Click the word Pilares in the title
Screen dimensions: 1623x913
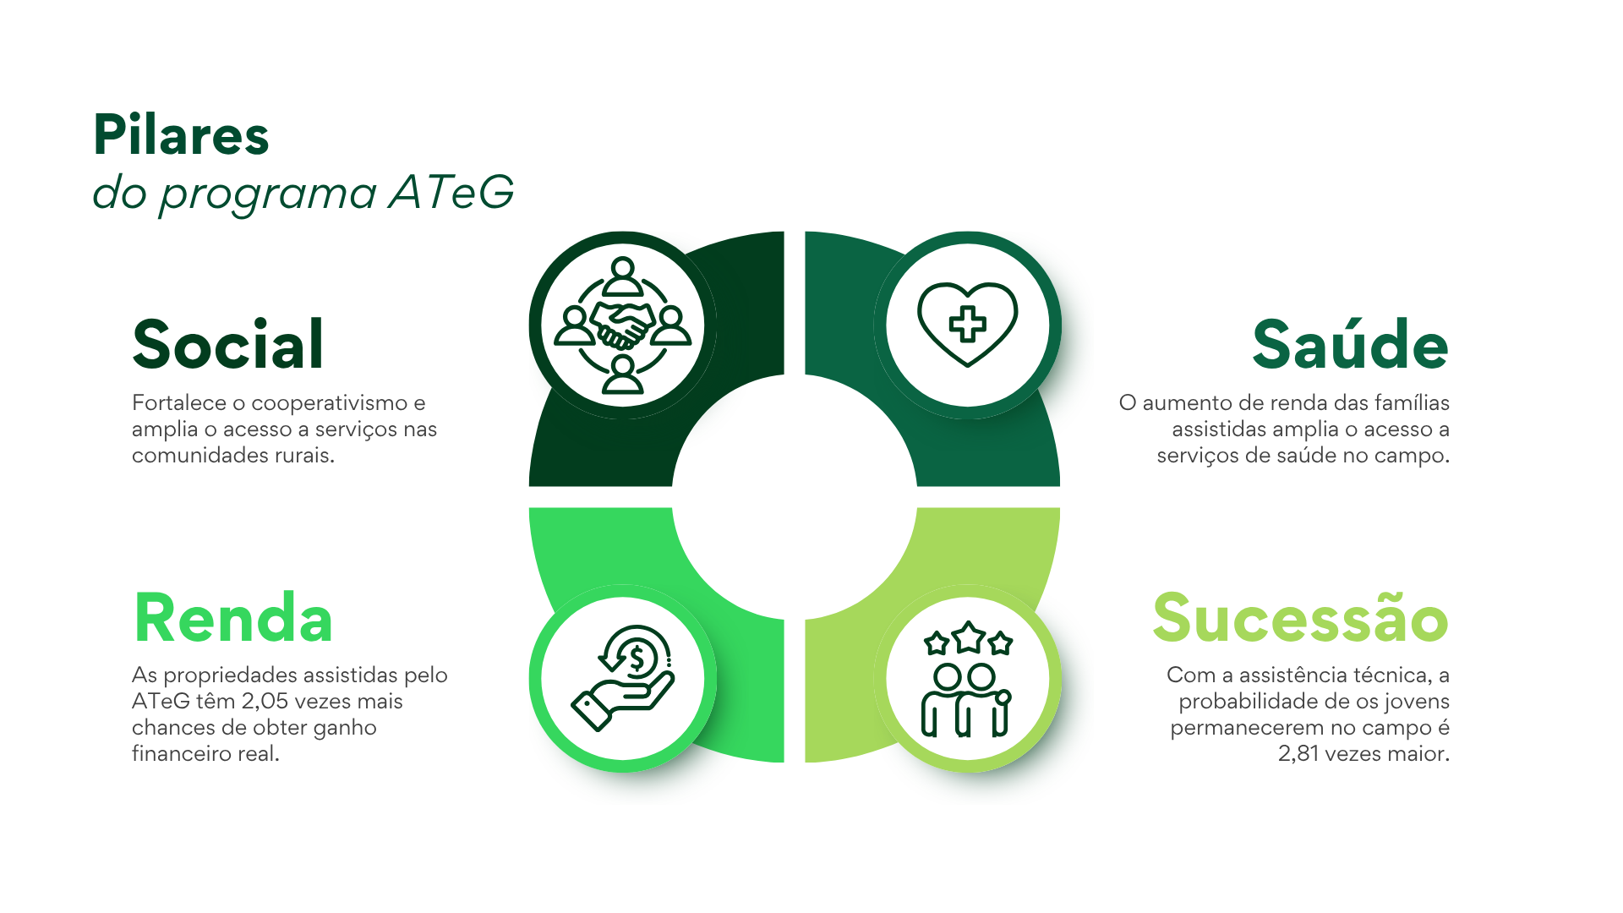pyautogui.click(x=181, y=134)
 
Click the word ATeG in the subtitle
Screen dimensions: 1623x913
pyautogui.click(x=451, y=192)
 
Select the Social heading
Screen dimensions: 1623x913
pyautogui.click(x=228, y=344)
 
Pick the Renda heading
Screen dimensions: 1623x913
pyautogui.click(x=233, y=618)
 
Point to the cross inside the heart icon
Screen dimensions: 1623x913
pyautogui.click(x=968, y=324)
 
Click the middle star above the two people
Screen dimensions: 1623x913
pyautogui.click(x=969, y=637)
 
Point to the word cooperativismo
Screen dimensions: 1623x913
pyautogui.click(x=330, y=404)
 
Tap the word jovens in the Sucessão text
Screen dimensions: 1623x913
pyautogui.click(x=1417, y=703)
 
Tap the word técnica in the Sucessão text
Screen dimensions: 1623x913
pyautogui.click(x=1392, y=675)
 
